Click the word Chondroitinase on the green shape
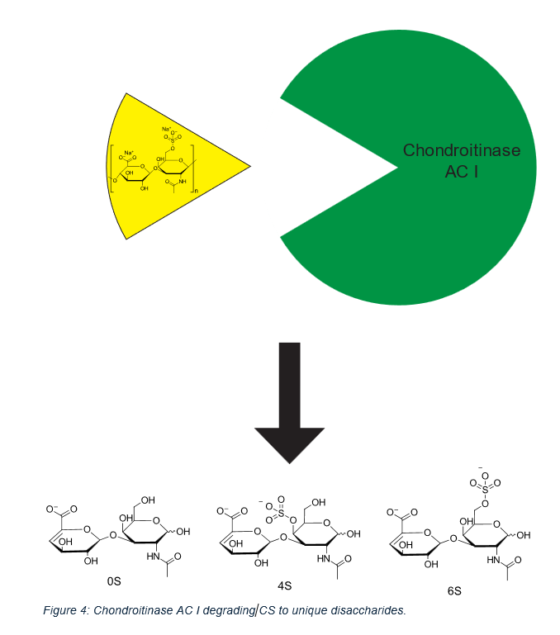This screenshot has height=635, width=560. tap(461, 150)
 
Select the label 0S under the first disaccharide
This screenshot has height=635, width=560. tap(114, 581)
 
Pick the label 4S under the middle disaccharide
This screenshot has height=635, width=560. tap(283, 586)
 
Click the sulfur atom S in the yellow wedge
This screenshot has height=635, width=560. tap(173, 140)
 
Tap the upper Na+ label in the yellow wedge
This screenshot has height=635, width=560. tap(166, 129)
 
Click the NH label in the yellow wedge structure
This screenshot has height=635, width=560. tap(181, 182)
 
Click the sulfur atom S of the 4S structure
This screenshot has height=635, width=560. tap(273, 511)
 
